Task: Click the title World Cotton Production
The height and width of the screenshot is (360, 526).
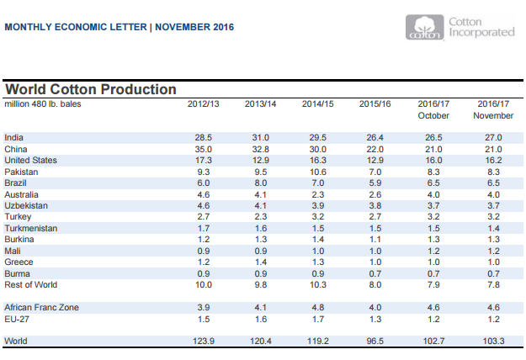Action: pos(91,89)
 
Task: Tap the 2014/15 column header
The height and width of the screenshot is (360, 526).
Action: pos(317,103)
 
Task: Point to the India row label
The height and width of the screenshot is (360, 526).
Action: pos(13,137)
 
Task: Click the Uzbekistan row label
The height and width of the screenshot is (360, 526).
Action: pos(26,205)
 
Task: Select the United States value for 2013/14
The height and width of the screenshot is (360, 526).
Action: pos(259,160)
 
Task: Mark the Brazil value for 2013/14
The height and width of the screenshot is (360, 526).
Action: pos(259,183)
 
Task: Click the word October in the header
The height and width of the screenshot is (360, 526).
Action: pos(433,115)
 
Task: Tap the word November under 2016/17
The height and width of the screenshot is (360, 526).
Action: pos(491,115)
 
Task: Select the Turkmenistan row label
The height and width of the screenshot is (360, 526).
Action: pos(29,228)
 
